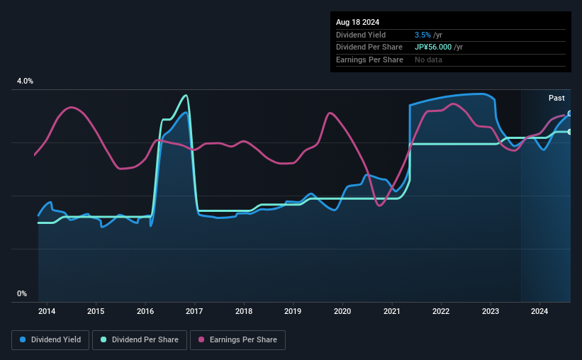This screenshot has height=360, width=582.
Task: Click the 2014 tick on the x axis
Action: coord(47,311)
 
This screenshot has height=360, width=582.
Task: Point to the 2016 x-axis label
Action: coord(145,311)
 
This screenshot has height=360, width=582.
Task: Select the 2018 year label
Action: coord(244,311)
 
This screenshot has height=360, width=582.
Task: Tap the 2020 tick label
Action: coord(342,311)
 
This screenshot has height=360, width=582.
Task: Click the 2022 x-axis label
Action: coord(441,311)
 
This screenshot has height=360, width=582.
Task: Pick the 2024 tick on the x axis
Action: coord(539,311)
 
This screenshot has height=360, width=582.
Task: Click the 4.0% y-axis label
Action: coord(25,81)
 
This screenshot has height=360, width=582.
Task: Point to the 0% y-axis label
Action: coord(21,293)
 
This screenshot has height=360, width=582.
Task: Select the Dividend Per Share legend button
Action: coord(141,340)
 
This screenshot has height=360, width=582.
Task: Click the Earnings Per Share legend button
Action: coord(237,340)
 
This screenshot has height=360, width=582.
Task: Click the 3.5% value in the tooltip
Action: coord(422,35)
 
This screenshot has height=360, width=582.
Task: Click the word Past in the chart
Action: coord(556,98)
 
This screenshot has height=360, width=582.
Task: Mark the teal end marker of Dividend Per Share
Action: coord(570,132)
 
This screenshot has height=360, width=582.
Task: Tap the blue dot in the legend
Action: coord(23,340)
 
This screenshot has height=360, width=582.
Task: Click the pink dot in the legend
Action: coord(201,340)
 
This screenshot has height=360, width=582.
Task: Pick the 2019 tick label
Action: coord(293,311)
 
